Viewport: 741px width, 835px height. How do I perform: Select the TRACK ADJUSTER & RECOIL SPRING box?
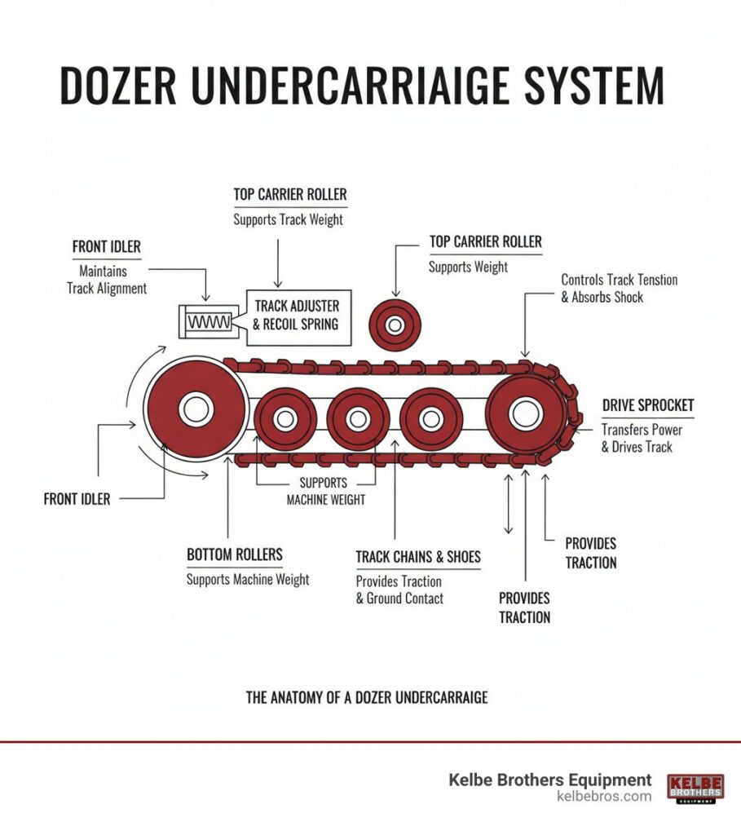[x=298, y=316]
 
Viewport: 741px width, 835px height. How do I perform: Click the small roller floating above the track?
[x=395, y=325]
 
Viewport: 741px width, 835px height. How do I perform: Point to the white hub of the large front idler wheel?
[x=196, y=408]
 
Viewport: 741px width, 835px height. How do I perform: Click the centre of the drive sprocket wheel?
[x=526, y=413]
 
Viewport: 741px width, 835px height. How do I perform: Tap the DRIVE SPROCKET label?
[x=647, y=406]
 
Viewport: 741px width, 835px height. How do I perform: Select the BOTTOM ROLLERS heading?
[x=235, y=555]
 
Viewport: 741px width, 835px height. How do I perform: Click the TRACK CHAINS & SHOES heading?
[x=418, y=558]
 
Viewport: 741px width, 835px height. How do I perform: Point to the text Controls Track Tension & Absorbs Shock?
[x=619, y=289]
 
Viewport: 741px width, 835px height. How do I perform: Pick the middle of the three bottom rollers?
[x=356, y=419]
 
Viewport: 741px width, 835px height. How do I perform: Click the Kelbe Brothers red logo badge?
[x=695, y=788]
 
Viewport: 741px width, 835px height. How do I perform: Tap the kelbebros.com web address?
[x=604, y=797]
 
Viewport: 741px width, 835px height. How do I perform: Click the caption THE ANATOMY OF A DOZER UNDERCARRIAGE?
[x=367, y=698]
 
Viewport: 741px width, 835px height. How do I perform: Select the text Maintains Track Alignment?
[x=107, y=280]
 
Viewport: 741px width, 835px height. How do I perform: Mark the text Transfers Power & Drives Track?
[x=642, y=438]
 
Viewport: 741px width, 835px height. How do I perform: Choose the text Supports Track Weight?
[x=288, y=219]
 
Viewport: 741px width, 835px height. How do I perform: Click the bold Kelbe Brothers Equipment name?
[x=550, y=780]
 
